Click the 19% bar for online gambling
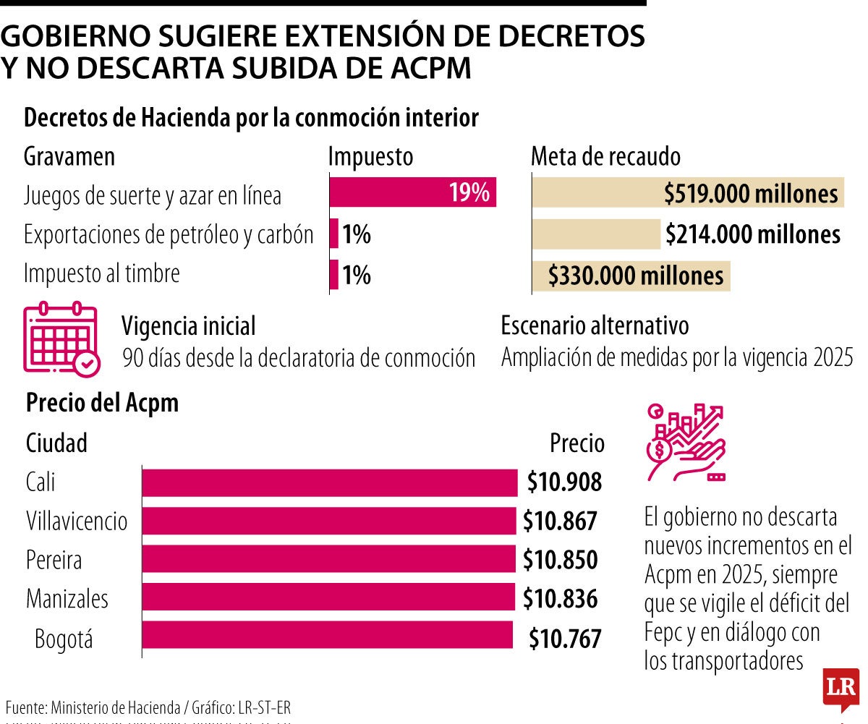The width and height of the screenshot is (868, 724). (412, 193)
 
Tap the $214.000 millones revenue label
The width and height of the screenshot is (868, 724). (753, 234)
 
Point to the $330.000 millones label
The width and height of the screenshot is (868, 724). (636, 276)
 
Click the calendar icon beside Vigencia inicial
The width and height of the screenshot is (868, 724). (61, 339)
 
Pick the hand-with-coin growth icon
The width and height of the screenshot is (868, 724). (684, 442)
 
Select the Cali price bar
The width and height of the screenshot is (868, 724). (329, 482)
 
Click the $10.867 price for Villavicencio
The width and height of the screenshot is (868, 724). (561, 521)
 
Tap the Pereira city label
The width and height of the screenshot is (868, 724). (54, 560)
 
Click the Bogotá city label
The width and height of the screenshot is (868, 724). (64, 639)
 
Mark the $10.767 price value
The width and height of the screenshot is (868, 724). (565, 639)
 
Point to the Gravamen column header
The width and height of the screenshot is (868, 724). (69, 156)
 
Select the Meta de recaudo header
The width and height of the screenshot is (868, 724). (605, 156)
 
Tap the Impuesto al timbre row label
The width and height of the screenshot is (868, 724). (101, 274)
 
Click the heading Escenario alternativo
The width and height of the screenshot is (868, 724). (595, 325)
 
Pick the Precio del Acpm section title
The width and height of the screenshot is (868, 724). (102, 403)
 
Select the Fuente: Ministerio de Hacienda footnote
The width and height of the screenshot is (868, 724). (148, 707)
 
